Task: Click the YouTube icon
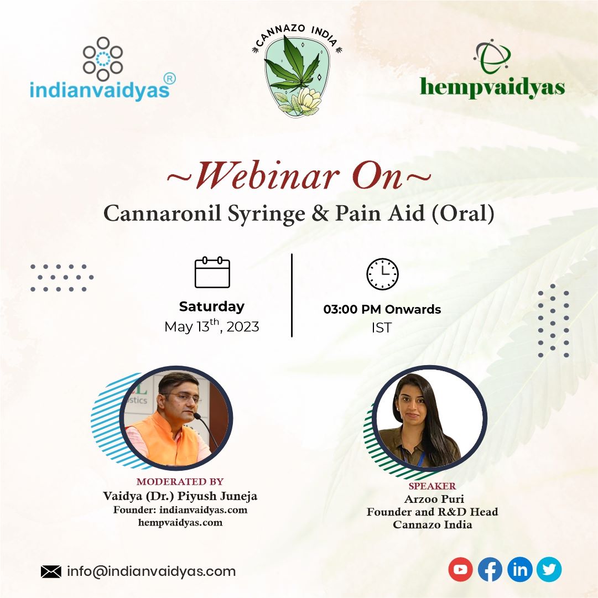pyautogui.click(x=460, y=569)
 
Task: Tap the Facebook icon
pyautogui.click(x=490, y=569)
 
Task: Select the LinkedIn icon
pyautogui.click(x=520, y=569)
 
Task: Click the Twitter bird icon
pyautogui.click(x=549, y=569)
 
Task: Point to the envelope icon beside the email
pyautogui.click(x=51, y=571)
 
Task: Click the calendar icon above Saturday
pyautogui.click(x=212, y=272)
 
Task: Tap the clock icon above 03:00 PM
pyautogui.click(x=382, y=274)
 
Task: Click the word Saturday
pyautogui.click(x=212, y=306)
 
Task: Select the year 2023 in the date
pyautogui.click(x=243, y=327)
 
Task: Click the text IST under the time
pyautogui.click(x=382, y=327)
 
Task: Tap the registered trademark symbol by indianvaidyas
pyautogui.click(x=169, y=79)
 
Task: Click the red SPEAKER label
pyautogui.click(x=432, y=486)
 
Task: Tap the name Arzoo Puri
pyautogui.click(x=434, y=499)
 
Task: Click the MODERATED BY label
pyautogui.click(x=180, y=482)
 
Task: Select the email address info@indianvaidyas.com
pyautogui.click(x=152, y=571)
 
